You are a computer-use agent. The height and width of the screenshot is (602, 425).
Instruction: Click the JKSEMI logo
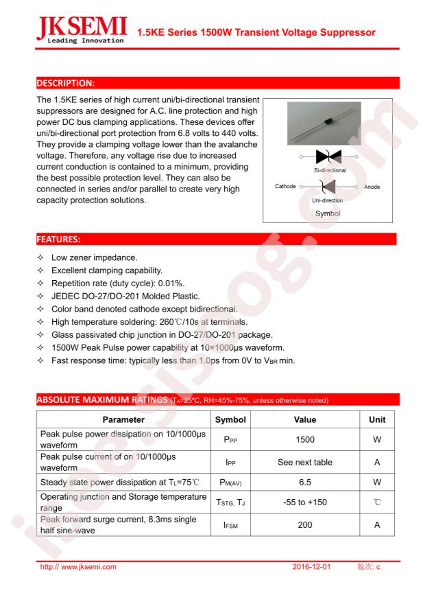(81, 30)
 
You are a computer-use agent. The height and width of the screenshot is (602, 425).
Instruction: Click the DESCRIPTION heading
(66, 83)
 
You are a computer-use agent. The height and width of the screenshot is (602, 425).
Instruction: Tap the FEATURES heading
(58, 240)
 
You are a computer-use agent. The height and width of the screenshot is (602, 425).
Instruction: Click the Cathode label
(285, 187)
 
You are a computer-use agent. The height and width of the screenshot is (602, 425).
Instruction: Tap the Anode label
(372, 187)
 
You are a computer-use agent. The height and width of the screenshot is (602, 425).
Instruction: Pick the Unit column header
(377, 419)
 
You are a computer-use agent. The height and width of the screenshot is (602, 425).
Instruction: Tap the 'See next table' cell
(305, 462)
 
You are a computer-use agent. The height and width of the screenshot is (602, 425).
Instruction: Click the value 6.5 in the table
(305, 483)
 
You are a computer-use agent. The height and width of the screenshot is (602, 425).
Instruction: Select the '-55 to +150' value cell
(305, 502)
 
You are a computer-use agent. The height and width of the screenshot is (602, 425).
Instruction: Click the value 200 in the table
(305, 525)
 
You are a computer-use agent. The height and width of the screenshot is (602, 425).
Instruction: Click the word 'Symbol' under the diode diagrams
(328, 213)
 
